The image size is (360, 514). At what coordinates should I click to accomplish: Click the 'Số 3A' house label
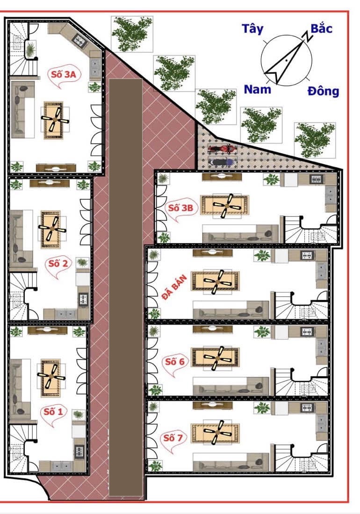64,74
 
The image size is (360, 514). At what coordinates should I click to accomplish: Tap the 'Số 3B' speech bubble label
180,208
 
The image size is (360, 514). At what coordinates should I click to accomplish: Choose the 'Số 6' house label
174,362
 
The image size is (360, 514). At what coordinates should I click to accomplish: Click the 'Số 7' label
173,438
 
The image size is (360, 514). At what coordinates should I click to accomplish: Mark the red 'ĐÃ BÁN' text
174,288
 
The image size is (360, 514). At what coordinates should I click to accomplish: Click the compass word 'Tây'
252,29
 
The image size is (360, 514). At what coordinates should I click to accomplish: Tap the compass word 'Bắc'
321,28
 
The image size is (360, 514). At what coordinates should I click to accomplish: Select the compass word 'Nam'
258,89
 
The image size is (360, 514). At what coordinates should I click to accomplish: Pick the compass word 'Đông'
324,91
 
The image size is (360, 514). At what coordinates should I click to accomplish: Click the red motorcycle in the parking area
222,149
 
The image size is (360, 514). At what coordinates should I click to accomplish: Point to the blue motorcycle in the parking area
222,162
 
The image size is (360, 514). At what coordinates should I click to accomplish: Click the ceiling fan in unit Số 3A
55,119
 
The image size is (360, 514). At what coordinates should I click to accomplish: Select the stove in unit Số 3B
317,179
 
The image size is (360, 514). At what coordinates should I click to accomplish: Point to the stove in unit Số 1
79,452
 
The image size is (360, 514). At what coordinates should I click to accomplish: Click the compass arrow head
274,73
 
